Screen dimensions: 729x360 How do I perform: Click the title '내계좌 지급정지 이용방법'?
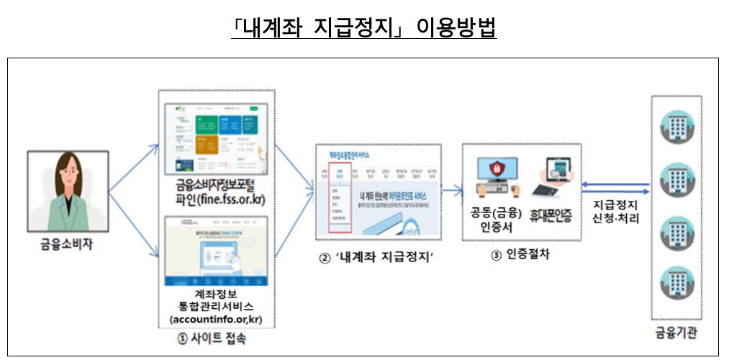[x=364, y=27]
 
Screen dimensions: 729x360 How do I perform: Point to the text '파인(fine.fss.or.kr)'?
[x=217, y=199]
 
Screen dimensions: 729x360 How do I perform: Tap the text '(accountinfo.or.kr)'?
[x=217, y=318]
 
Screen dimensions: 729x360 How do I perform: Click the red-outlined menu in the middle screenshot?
[x=339, y=202]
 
